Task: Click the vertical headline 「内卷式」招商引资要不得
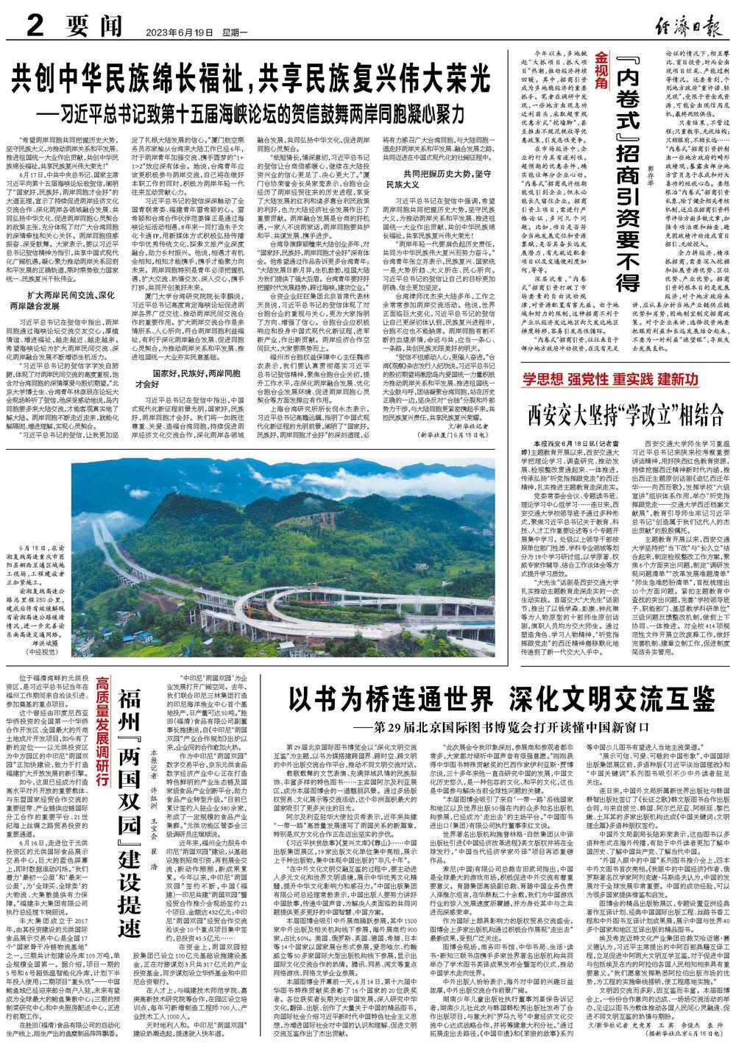[626, 169]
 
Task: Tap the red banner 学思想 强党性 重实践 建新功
[609, 381]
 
